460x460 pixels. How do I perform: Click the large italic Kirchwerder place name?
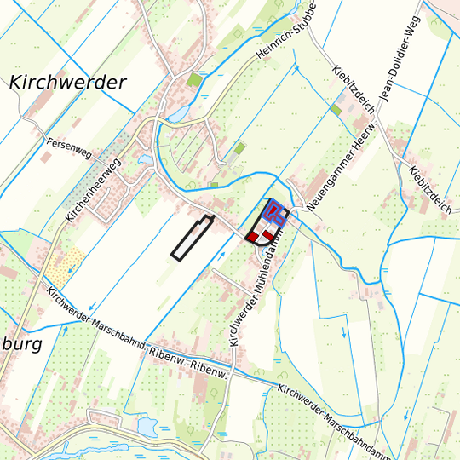68,83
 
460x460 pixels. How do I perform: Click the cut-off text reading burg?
19,346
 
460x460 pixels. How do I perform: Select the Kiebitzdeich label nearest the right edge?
430,189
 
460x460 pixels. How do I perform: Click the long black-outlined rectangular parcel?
192,238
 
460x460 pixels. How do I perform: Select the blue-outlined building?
273,211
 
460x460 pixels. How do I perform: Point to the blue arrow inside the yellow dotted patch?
69,267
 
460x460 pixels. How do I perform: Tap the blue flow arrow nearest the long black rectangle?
221,254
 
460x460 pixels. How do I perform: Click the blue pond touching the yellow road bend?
179,113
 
